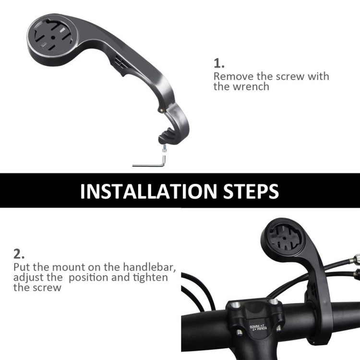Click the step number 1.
[x=218, y=63]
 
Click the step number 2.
[x=18, y=253]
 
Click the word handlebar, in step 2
[x=144, y=267]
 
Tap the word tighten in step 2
[x=152, y=277]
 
